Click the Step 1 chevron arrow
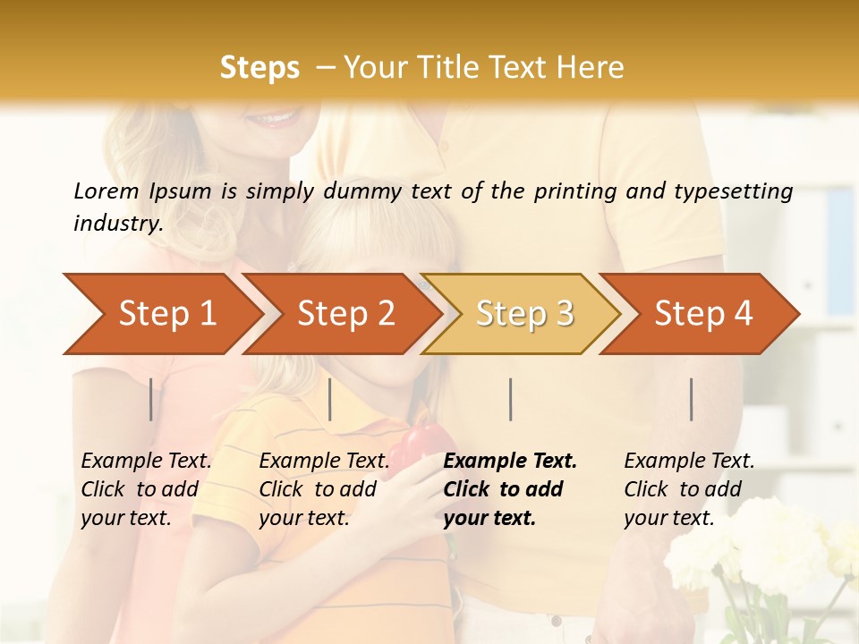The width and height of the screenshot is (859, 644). [x=166, y=314]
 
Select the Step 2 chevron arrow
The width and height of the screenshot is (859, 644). [x=345, y=314]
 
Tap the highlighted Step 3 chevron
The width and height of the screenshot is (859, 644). [x=524, y=314]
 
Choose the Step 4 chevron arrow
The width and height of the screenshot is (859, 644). [x=703, y=314]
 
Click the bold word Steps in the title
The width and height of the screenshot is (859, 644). [x=259, y=68]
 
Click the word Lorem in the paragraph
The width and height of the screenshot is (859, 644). [x=106, y=191]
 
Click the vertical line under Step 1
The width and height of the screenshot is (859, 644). [x=151, y=399]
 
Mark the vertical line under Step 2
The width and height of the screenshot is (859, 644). [x=330, y=399]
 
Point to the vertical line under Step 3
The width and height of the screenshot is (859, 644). [x=510, y=399]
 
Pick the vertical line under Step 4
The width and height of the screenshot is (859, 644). [x=692, y=399]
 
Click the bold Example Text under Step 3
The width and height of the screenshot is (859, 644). [x=510, y=462]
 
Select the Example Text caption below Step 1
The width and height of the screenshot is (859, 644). [x=146, y=462]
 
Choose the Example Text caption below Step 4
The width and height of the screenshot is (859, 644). [x=689, y=462]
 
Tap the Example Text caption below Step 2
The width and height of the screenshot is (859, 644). [x=324, y=462]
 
